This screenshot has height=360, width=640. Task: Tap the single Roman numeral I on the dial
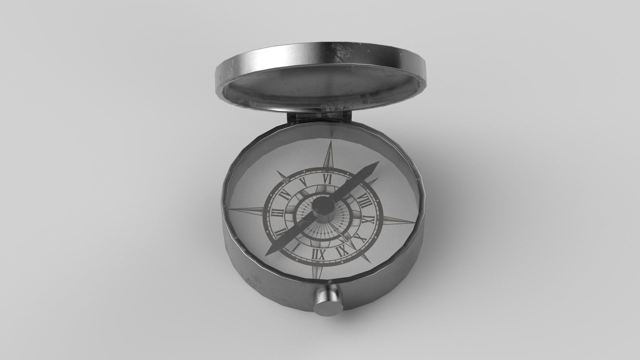click(x=296, y=247)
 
